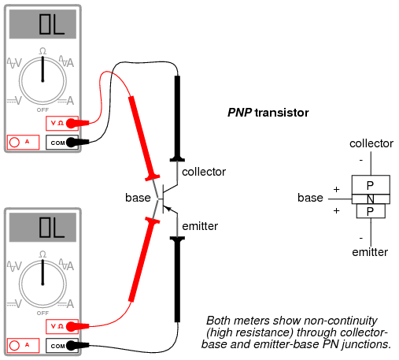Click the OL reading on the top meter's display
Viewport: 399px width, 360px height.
tap(52, 24)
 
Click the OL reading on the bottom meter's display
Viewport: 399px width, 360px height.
tap(52, 227)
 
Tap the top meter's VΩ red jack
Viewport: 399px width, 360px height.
tap(71, 123)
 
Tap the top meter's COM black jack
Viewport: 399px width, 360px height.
tap(71, 143)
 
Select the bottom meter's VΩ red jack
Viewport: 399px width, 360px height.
tap(71, 326)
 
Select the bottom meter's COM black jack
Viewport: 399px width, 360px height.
tap(71, 346)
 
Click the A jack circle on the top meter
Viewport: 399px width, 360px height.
tap(14, 142)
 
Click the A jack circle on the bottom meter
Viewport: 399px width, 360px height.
tap(14, 345)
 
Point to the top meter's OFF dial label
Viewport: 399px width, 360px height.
tap(42, 109)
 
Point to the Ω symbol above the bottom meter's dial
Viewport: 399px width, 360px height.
tap(42, 254)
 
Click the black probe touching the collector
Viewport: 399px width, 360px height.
tap(177, 118)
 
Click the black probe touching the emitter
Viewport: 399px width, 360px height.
tap(177, 279)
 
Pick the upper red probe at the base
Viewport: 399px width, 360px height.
tap(143, 139)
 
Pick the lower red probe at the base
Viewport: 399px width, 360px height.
tap(143, 260)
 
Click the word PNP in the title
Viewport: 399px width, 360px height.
tap(240, 113)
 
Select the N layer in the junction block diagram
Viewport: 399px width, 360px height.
tap(371, 199)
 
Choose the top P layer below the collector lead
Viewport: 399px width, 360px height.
tap(371, 185)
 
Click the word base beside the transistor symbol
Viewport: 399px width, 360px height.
tap(138, 198)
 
